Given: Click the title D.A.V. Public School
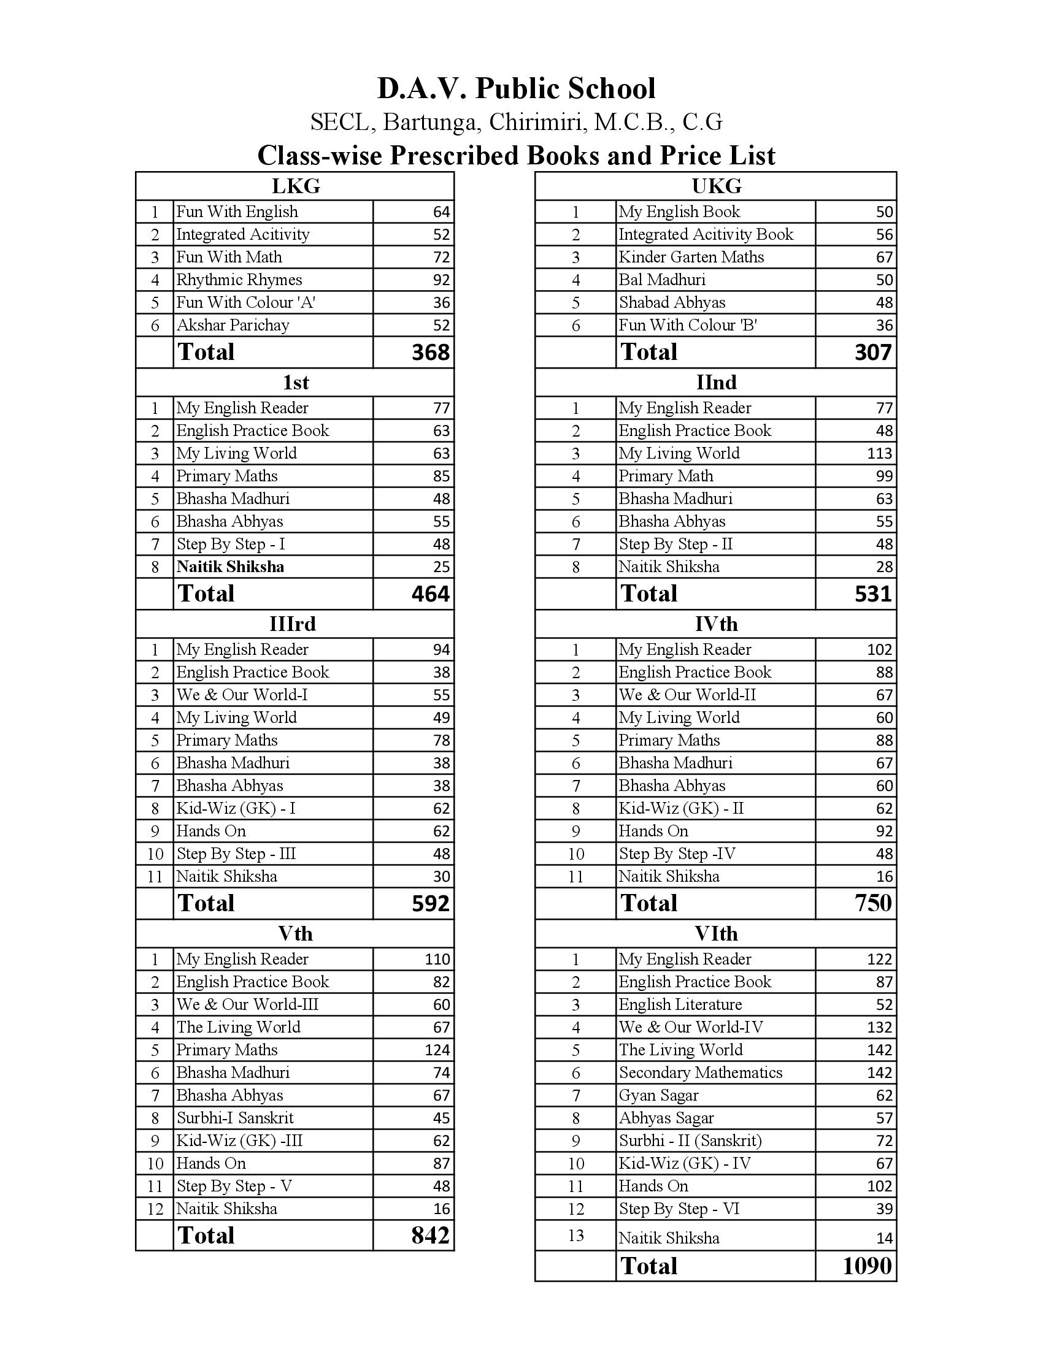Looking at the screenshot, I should click(x=516, y=89).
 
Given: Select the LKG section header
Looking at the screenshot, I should click(x=295, y=186).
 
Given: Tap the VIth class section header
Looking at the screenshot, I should click(x=715, y=933).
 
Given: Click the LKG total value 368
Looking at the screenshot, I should click(x=430, y=352).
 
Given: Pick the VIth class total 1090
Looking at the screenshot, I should click(x=867, y=1266).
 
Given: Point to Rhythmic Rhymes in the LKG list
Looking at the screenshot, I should click(x=239, y=280).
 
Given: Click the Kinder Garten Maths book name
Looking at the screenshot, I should click(x=691, y=257).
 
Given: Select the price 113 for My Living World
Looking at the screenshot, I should click(x=879, y=453).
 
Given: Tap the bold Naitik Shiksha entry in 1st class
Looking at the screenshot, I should click(x=230, y=567).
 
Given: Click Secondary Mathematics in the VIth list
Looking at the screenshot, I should click(x=700, y=1072).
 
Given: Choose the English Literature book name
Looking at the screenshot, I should click(x=680, y=1004).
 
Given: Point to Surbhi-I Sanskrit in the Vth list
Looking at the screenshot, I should click(x=235, y=1117).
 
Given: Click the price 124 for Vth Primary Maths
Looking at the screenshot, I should click(x=437, y=1049).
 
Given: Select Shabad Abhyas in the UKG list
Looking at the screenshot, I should click(x=672, y=303).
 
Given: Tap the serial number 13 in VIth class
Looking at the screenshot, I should click(x=575, y=1236).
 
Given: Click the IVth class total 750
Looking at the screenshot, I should click(x=873, y=903).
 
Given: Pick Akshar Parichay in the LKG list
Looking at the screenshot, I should click(x=233, y=325).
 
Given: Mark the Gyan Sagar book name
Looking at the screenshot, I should click(x=658, y=1095).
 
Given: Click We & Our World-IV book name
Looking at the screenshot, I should click(x=691, y=1027).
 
